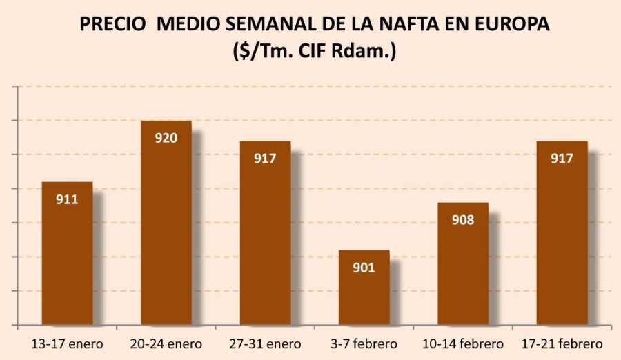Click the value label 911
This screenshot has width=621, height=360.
[x=67, y=200]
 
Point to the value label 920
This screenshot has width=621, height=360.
[x=166, y=138]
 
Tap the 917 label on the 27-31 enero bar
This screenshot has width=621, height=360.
[x=265, y=159]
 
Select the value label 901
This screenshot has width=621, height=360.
[x=364, y=268]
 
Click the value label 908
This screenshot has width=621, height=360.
[x=463, y=221]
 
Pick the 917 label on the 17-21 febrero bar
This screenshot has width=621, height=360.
[x=562, y=159]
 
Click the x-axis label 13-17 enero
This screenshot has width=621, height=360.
[x=67, y=343]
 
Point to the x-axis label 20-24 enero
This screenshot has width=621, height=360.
[x=166, y=343]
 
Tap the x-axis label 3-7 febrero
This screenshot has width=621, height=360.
[x=364, y=343]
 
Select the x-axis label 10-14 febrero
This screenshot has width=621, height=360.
[x=463, y=343]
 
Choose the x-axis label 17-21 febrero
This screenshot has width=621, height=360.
[x=562, y=343]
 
